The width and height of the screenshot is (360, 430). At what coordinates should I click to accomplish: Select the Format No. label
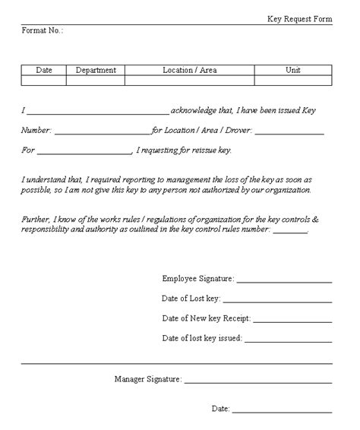click(x=43, y=30)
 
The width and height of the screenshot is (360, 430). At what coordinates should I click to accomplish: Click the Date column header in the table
click(x=44, y=70)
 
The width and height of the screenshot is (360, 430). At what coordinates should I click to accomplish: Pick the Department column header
click(x=96, y=70)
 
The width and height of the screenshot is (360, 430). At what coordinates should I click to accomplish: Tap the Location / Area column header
click(x=189, y=70)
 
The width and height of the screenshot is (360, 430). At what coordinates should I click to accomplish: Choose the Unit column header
click(x=292, y=70)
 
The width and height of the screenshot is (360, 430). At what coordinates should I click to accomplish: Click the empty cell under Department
click(x=96, y=80)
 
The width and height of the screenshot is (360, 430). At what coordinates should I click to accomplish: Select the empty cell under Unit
click(x=292, y=80)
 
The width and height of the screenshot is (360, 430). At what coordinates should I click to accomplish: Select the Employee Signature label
click(x=198, y=279)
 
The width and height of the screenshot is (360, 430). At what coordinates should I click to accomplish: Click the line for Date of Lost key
click(x=277, y=301)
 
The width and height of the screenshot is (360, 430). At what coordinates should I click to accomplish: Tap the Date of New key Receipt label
click(x=207, y=318)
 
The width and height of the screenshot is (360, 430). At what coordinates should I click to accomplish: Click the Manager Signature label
click(x=148, y=378)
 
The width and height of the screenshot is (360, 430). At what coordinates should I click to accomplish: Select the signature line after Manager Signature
click(x=257, y=381)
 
